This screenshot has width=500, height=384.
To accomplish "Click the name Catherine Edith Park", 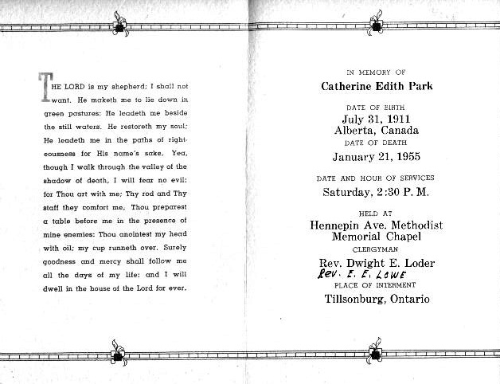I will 376,86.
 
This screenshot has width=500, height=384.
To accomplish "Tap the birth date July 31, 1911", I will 375,120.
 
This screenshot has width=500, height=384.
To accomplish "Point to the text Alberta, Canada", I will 375,131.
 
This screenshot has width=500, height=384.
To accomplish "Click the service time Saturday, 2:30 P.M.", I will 375,192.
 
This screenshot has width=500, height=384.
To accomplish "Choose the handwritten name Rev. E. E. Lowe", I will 354,274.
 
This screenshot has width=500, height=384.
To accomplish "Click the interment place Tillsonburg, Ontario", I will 377,300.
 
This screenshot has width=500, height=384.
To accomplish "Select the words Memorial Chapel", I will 375,237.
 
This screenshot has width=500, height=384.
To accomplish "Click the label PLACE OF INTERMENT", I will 376,286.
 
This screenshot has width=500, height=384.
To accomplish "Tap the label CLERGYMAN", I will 375,249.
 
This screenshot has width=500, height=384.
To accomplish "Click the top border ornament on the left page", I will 121,25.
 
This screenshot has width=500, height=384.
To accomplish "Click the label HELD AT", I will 375,214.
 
